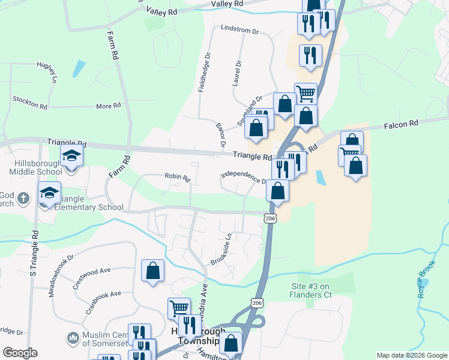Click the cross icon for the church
[x=23, y=198]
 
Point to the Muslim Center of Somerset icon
[x=73, y=338]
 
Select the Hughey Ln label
[x=46, y=72]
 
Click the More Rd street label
[x=108, y=106]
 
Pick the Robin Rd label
[x=177, y=178]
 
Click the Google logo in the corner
[x=20, y=353]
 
